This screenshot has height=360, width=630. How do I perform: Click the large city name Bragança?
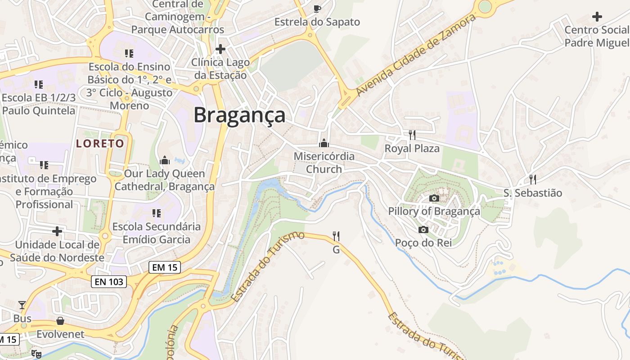(x=239, y=115)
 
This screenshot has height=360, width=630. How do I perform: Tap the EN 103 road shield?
(x=109, y=282)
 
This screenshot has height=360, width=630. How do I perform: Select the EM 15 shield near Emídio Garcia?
(x=165, y=267)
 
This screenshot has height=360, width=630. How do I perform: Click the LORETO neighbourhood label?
(x=100, y=144)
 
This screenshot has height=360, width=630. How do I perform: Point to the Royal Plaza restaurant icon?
(x=412, y=135)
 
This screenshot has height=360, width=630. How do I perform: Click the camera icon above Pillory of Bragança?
(x=434, y=198)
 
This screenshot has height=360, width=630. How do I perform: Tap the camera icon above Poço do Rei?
(x=423, y=230)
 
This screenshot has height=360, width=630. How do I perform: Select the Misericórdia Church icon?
(x=324, y=143)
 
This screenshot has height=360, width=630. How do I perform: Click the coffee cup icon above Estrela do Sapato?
(x=317, y=9)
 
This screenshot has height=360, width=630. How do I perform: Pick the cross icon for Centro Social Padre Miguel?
(x=597, y=17)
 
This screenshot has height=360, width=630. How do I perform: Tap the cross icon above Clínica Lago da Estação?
(x=220, y=49)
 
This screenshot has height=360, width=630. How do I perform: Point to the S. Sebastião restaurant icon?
(x=533, y=180)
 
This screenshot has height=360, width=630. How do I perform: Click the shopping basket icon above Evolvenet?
(x=60, y=321)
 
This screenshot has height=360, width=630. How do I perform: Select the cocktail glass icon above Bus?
(x=22, y=305)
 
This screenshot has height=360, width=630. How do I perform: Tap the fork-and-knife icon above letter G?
(x=336, y=236)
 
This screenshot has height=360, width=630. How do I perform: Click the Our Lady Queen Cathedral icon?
(x=165, y=160)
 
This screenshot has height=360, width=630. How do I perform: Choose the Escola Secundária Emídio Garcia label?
(x=157, y=233)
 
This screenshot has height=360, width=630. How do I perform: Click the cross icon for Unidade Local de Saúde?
(x=57, y=231)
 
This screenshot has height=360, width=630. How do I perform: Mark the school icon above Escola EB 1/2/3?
(x=39, y=84)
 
